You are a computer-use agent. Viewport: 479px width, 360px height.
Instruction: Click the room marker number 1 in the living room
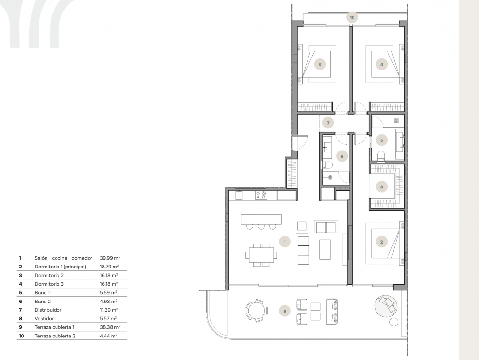285,242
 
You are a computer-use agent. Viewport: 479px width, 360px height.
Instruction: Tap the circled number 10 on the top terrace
352,17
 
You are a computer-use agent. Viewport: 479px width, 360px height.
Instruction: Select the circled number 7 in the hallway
328,122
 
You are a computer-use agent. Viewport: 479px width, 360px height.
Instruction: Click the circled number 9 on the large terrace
285,311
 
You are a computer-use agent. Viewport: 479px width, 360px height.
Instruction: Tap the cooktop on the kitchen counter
261,195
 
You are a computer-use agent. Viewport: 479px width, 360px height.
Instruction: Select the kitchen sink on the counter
239,195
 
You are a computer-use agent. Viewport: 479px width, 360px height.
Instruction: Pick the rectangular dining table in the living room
262,254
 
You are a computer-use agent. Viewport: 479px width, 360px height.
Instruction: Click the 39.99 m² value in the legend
109,258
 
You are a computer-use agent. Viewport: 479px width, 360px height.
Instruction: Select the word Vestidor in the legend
45,318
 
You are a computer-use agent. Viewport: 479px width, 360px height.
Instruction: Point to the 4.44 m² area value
109,336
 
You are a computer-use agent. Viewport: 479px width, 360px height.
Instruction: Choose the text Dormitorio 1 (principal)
60,267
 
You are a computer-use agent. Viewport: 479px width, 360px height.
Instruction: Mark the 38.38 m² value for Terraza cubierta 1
109,327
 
